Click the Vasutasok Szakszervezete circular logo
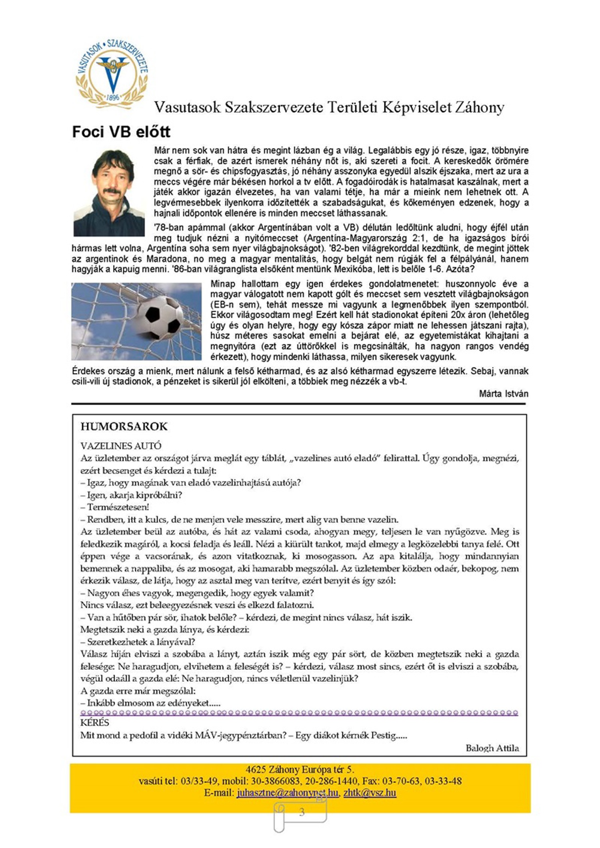(x=112, y=74)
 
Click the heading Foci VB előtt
(x=121, y=132)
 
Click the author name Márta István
(x=504, y=394)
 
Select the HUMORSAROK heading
(x=124, y=427)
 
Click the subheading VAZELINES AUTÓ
(x=121, y=446)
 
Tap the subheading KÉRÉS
(x=94, y=722)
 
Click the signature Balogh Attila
(x=492, y=748)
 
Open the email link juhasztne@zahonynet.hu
(x=287, y=793)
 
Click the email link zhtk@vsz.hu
(x=370, y=793)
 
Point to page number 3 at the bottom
(x=302, y=812)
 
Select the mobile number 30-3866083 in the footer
(x=273, y=781)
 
